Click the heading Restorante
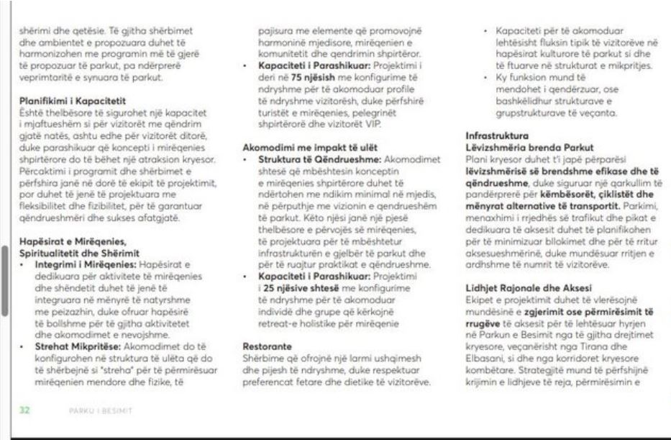[x=265, y=346]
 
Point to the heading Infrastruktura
[x=497, y=135]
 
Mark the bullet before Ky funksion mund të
[x=487, y=76]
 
